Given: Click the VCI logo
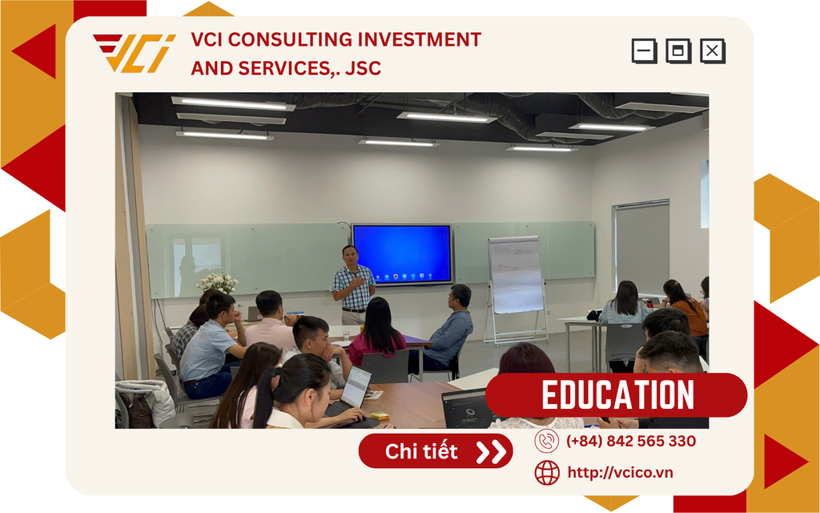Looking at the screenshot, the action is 135,53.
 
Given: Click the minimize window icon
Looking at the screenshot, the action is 645,50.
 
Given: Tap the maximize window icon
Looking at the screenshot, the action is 678,50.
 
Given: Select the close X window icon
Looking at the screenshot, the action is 713,50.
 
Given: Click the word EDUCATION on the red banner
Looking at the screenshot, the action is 617,394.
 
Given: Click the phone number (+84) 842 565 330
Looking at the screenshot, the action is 631,441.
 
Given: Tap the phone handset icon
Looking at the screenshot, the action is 547,441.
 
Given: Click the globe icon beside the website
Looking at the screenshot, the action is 547,473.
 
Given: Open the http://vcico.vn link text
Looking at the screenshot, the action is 621,472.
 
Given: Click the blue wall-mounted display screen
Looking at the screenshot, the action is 402,254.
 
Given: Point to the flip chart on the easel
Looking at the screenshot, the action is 516,274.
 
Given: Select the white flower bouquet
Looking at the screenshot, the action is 217,283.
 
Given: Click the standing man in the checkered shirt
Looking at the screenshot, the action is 353,285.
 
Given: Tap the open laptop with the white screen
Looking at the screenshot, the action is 349,393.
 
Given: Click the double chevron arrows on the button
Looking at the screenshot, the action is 491,452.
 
